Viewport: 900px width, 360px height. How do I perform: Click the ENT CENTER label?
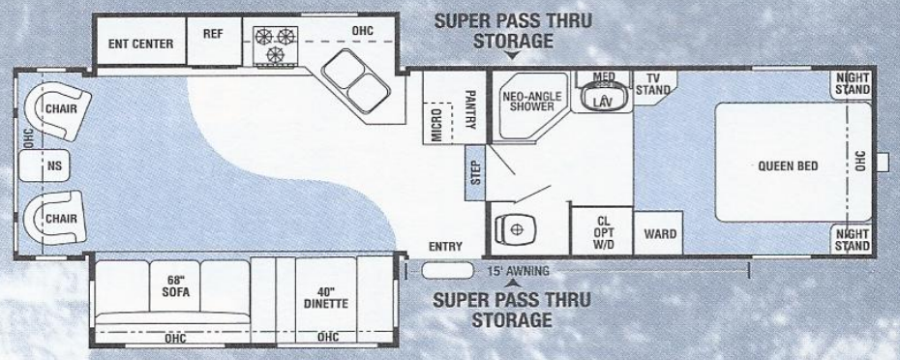140,44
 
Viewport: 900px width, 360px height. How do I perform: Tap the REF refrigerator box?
213,33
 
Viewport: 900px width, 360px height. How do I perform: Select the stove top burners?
274,45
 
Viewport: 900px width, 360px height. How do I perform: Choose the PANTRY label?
469,107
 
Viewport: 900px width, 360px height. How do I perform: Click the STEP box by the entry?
475,169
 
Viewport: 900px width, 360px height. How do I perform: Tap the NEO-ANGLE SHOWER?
528,102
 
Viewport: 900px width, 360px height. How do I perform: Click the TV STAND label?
653,85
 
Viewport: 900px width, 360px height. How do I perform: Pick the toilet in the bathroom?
515,229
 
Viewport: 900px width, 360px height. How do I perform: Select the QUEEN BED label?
788,165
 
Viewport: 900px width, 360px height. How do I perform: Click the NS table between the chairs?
53,165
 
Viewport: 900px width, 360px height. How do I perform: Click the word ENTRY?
445,246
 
